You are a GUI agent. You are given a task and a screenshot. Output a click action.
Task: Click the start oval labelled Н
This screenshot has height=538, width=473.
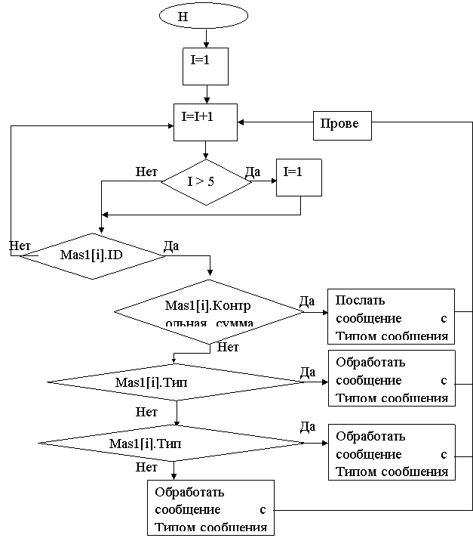tap(203, 15)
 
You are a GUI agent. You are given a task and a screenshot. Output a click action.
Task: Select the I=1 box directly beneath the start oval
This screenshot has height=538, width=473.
tap(205, 66)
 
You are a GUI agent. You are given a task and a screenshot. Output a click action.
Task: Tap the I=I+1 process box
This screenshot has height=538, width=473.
tap(205, 122)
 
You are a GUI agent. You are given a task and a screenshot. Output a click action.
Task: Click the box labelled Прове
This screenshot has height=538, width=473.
tap(342, 125)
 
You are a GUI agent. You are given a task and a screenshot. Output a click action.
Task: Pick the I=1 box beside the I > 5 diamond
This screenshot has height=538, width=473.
tap(299, 177)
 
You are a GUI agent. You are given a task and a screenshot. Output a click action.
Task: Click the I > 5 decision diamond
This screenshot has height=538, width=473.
tap(206, 181)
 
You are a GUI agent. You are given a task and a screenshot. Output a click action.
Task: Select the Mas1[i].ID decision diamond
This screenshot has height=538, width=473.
tap(93, 256)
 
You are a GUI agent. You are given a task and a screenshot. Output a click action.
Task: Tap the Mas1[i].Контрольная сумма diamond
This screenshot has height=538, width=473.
tap(208, 311)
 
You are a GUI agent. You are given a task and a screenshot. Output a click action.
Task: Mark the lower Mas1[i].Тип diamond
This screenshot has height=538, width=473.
tap(170, 443)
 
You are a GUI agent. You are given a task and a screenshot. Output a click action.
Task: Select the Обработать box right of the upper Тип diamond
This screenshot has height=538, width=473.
tap(391, 378)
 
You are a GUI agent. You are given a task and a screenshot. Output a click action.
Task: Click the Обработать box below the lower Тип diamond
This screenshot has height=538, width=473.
tap(210, 508)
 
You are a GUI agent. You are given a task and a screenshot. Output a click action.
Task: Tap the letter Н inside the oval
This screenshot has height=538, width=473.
tap(182, 16)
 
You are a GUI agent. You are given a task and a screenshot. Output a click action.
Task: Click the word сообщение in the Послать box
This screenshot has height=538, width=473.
tap(368, 318)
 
